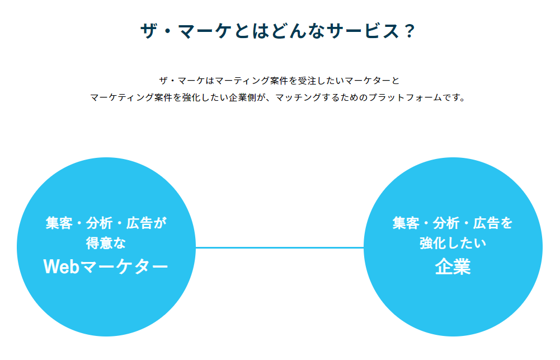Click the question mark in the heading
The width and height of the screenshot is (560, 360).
pyautogui.click(x=408, y=31)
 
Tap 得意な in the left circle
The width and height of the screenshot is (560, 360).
pyautogui.click(x=106, y=244)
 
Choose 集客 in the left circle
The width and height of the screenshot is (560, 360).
pyautogui.click(x=59, y=223)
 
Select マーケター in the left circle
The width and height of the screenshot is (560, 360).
pyautogui.click(x=124, y=267)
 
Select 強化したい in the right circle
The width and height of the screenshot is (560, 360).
pyautogui.click(x=453, y=244)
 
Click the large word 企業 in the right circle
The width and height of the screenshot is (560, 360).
pyautogui.click(x=453, y=267)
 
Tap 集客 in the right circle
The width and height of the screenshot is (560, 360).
pyautogui.click(x=406, y=223)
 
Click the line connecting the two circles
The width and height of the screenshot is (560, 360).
pyautogui.click(x=280, y=247)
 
